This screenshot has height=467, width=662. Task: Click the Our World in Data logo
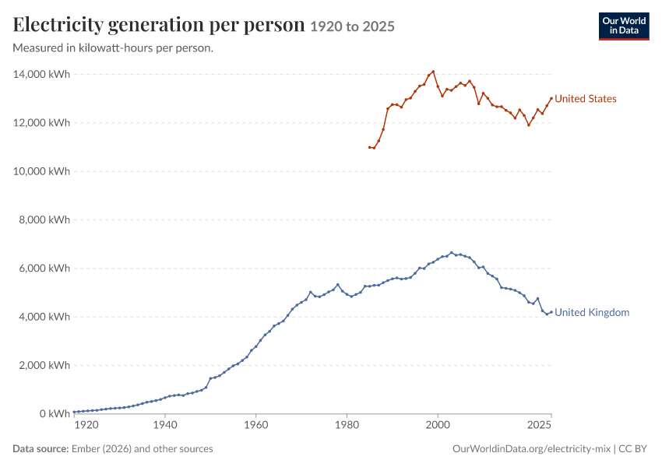pos(624,26)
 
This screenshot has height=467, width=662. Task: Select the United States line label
pos(585,99)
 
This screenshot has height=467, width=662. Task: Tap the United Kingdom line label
pos(591,312)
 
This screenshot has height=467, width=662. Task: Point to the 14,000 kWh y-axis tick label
pos(41,74)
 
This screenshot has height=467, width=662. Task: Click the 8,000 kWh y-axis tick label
pos(44,219)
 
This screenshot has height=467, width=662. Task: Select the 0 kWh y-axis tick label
pos(55,414)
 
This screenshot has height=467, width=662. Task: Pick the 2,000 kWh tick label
pos(44,365)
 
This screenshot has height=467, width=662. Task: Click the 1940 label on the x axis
pos(165,425)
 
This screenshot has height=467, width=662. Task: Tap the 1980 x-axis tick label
pos(347,425)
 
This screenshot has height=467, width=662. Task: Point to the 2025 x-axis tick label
pos(539,425)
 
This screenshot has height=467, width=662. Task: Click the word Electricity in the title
pos(58,25)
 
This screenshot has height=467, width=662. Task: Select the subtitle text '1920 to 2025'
pos(352,26)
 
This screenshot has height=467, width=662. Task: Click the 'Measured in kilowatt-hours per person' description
pos(113,48)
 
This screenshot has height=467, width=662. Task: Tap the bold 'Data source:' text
pos(40,448)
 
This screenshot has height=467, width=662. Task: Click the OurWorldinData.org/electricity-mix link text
pos(531,448)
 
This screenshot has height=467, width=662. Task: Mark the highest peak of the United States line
pos(433,72)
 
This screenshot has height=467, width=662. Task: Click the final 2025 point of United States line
pos(551,99)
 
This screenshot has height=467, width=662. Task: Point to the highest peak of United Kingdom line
pos(451,253)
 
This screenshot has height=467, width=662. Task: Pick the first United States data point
pos(369,147)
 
